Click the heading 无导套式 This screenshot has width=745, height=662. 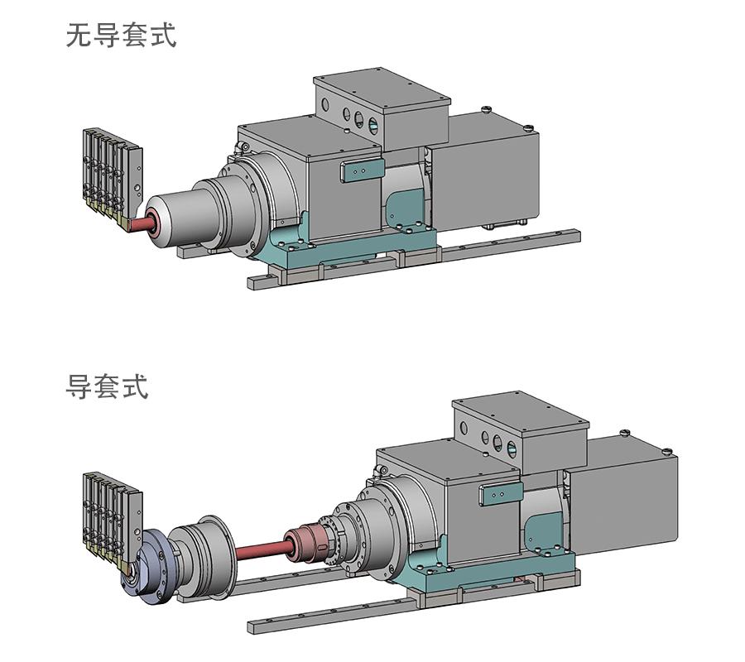121,36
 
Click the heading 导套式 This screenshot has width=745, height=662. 107,386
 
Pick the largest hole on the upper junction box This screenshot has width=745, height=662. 373,127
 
